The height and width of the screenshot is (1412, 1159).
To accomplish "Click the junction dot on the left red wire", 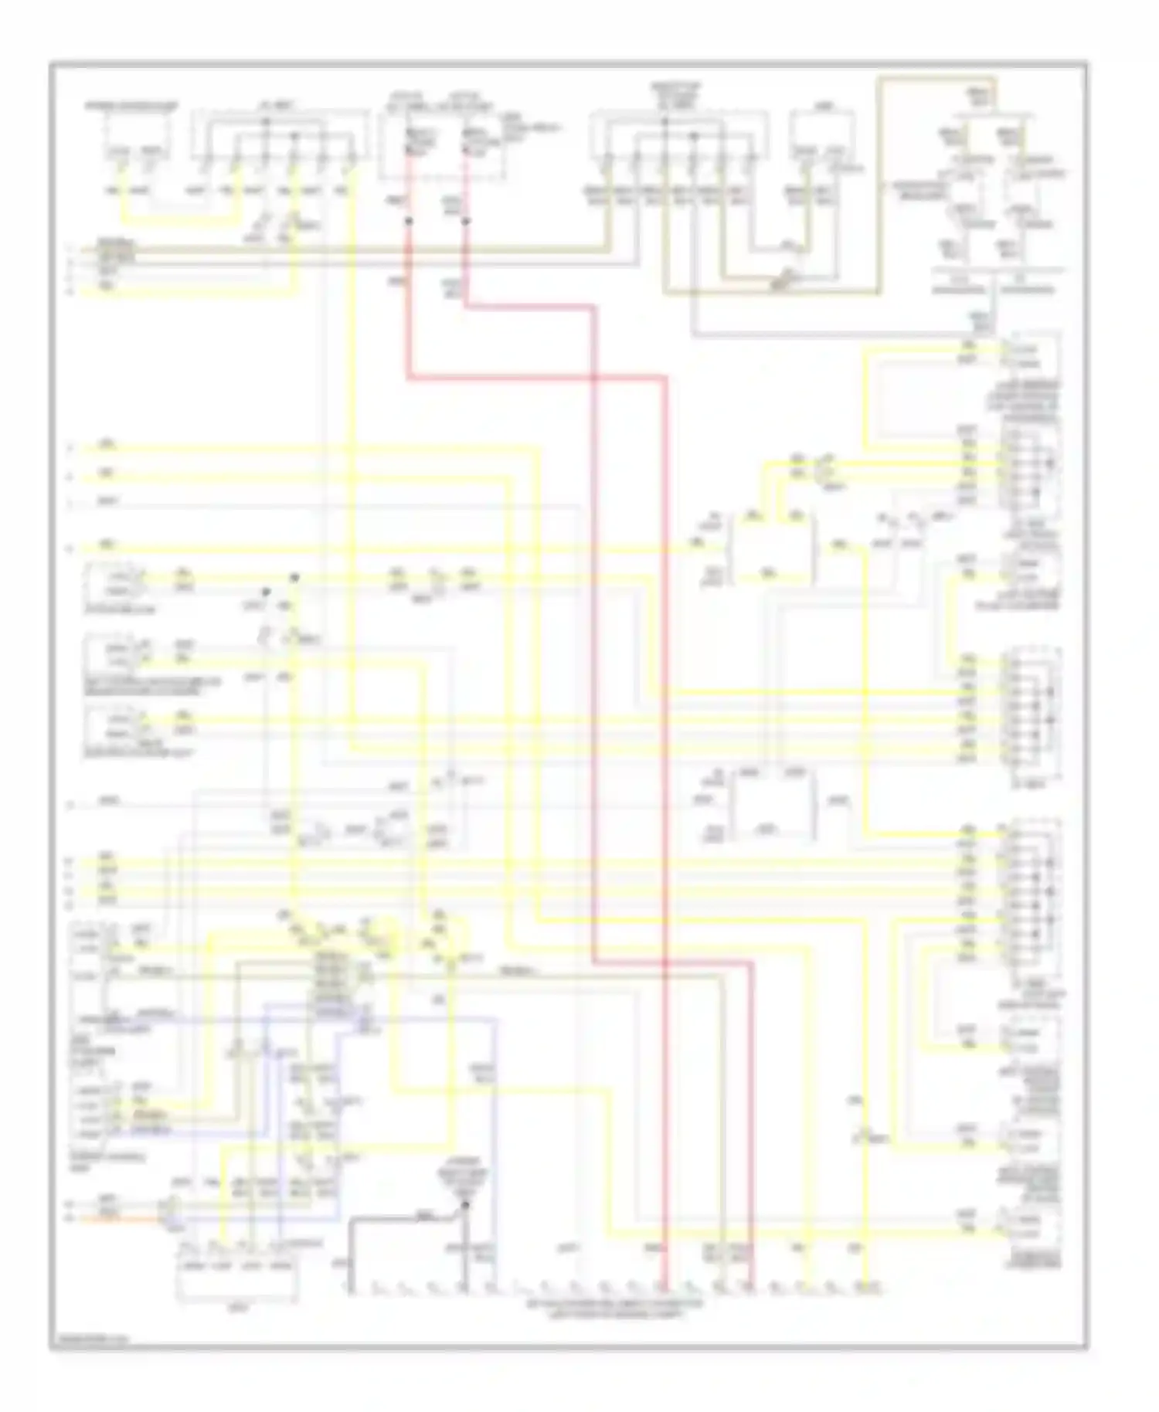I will click(x=409, y=221).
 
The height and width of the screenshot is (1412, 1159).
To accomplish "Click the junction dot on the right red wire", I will click(x=465, y=221).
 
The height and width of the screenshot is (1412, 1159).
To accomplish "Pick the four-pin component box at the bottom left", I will click(x=236, y=1278).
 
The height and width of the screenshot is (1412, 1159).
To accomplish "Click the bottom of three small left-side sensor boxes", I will click(x=114, y=725).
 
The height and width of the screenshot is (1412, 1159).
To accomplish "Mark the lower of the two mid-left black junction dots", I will click(x=265, y=592).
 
